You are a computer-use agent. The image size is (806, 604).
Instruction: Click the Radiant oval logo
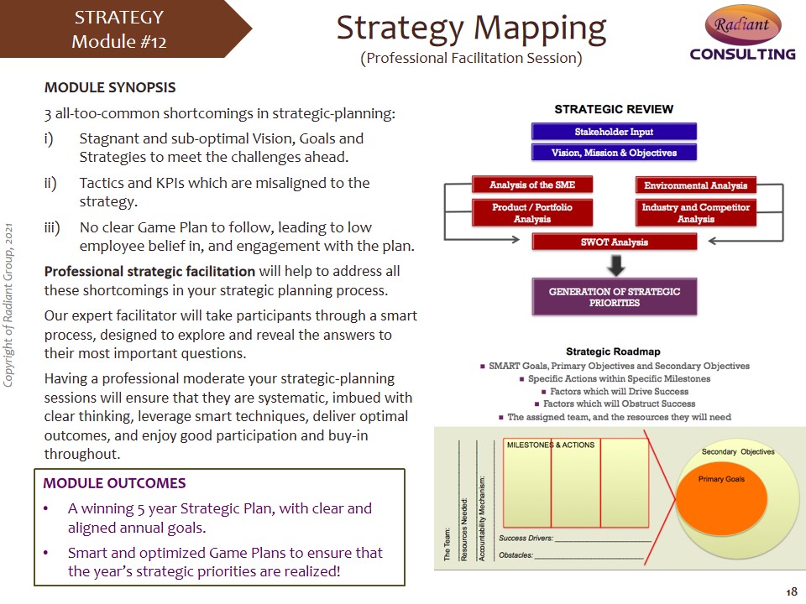point(743,24)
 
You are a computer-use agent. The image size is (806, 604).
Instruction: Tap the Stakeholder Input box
point(614,132)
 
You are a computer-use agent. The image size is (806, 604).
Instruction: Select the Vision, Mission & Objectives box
point(614,153)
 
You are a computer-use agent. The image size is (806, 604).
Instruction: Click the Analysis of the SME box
point(532,185)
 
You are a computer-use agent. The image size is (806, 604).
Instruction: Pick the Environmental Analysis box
point(695,185)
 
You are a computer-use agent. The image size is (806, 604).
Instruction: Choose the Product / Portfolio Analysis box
point(532,212)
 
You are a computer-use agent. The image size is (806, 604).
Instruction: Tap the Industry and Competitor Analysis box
point(695,212)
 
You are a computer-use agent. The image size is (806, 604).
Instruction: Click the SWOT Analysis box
point(615,242)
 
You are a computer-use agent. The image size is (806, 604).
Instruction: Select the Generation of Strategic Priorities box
point(615,297)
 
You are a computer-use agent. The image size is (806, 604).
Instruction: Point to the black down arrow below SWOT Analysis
point(615,265)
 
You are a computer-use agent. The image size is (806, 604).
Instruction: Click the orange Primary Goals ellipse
point(722,497)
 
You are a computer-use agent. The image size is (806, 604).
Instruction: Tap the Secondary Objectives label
point(738,451)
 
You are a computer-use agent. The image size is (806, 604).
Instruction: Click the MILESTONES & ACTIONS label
point(551,445)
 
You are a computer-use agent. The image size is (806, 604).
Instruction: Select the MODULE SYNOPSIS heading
point(110,87)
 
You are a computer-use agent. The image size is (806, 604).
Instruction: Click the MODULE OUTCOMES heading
point(114,483)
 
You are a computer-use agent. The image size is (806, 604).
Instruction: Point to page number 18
point(791,591)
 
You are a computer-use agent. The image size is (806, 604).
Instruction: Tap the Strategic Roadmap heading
point(613,351)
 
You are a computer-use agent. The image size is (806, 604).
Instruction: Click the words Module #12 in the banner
point(118,42)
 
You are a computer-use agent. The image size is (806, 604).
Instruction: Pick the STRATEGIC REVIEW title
point(614,109)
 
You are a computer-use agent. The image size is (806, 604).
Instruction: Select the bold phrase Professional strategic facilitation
point(149,271)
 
